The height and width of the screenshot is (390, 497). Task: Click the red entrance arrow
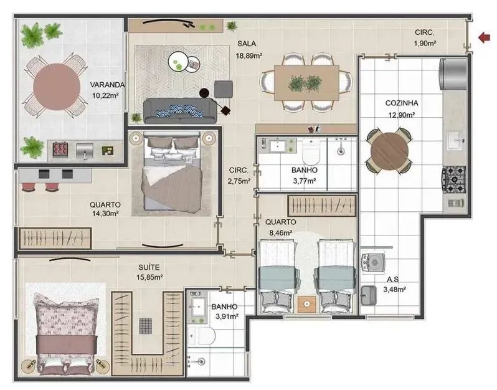pyautogui.click(x=483, y=38)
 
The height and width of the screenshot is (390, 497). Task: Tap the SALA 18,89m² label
pyautogui.click(x=249, y=50)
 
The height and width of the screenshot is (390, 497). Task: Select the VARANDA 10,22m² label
pyautogui.click(x=107, y=90)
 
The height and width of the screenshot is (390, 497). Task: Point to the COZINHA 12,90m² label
pyautogui.click(x=401, y=108)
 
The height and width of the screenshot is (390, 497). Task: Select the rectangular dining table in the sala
pyautogui.click(x=305, y=82)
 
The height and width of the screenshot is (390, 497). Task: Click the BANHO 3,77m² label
pyautogui.click(x=304, y=175)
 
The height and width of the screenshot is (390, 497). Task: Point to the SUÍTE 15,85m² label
pyautogui.click(x=150, y=272)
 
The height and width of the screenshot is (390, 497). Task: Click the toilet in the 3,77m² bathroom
pyautogui.click(x=311, y=149)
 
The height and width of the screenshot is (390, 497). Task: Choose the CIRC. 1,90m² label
pyautogui.click(x=425, y=38)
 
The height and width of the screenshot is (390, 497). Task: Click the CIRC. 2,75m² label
pyautogui.click(x=239, y=175)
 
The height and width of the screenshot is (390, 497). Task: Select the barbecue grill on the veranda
pyautogui.click(x=60, y=150)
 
